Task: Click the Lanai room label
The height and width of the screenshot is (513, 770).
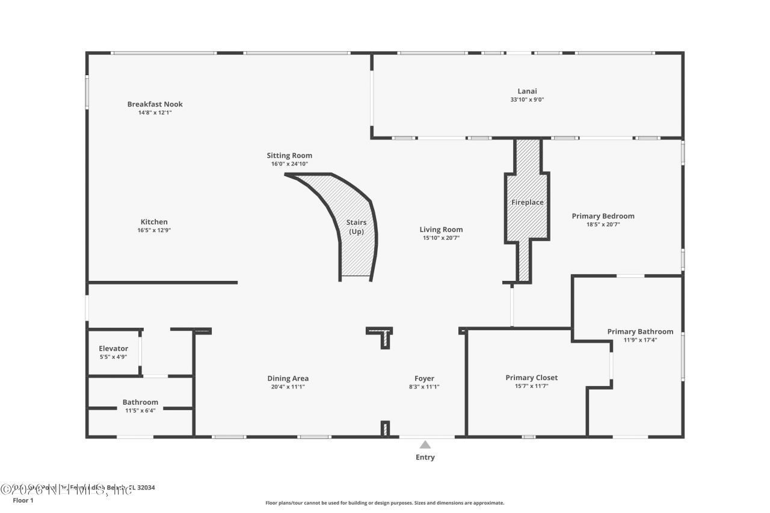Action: tap(527, 91)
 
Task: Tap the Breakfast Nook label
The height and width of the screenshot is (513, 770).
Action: tap(155, 104)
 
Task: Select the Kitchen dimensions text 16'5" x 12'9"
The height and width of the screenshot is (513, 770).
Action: tap(155, 230)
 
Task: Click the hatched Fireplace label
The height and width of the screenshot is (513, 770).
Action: tap(527, 203)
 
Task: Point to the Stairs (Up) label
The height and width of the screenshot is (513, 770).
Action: tap(356, 227)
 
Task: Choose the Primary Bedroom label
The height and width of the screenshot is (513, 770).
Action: tap(603, 216)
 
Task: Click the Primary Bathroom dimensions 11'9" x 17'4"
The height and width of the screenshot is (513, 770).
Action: tap(640, 340)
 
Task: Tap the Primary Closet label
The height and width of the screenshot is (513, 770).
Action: tap(531, 378)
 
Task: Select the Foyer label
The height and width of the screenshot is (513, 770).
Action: tap(424, 378)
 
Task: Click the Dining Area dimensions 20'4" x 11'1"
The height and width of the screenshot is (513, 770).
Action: tap(288, 387)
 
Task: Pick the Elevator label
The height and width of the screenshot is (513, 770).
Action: tap(113, 348)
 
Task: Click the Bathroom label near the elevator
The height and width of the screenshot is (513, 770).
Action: tap(140, 402)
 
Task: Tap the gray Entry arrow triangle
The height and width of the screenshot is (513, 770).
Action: tap(425, 445)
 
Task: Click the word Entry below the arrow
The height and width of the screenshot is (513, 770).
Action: tap(425, 458)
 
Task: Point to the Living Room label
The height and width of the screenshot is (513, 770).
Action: tap(441, 229)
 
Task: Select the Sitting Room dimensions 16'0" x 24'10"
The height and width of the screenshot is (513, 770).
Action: tap(289, 164)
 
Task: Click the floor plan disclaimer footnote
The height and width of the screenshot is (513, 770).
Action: tap(385, 503)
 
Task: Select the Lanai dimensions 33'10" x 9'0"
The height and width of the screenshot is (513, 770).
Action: tap(527, 100)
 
